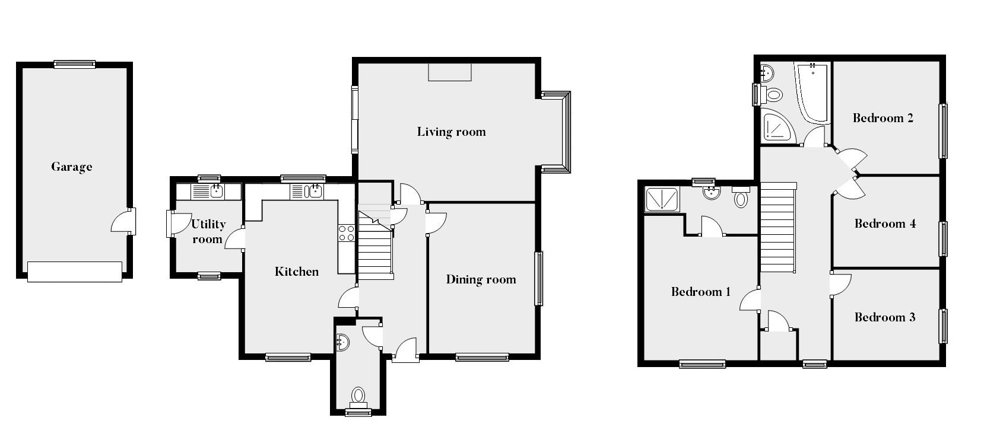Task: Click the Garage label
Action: [71, 167]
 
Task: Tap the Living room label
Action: [451, 132]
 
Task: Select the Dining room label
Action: [481, 279]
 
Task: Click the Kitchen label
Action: [297, 272]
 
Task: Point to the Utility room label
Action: [207, 231]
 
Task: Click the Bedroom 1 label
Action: [700, 292]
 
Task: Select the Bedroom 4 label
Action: [884, 224]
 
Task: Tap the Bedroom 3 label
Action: [884, 317]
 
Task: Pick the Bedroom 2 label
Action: [883, 118]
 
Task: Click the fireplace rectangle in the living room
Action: [450, 72]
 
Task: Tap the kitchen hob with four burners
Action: [347, 234]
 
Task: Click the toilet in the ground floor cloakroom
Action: [358, 395]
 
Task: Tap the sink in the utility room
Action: [217, 191]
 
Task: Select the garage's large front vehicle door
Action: [75, 272]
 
